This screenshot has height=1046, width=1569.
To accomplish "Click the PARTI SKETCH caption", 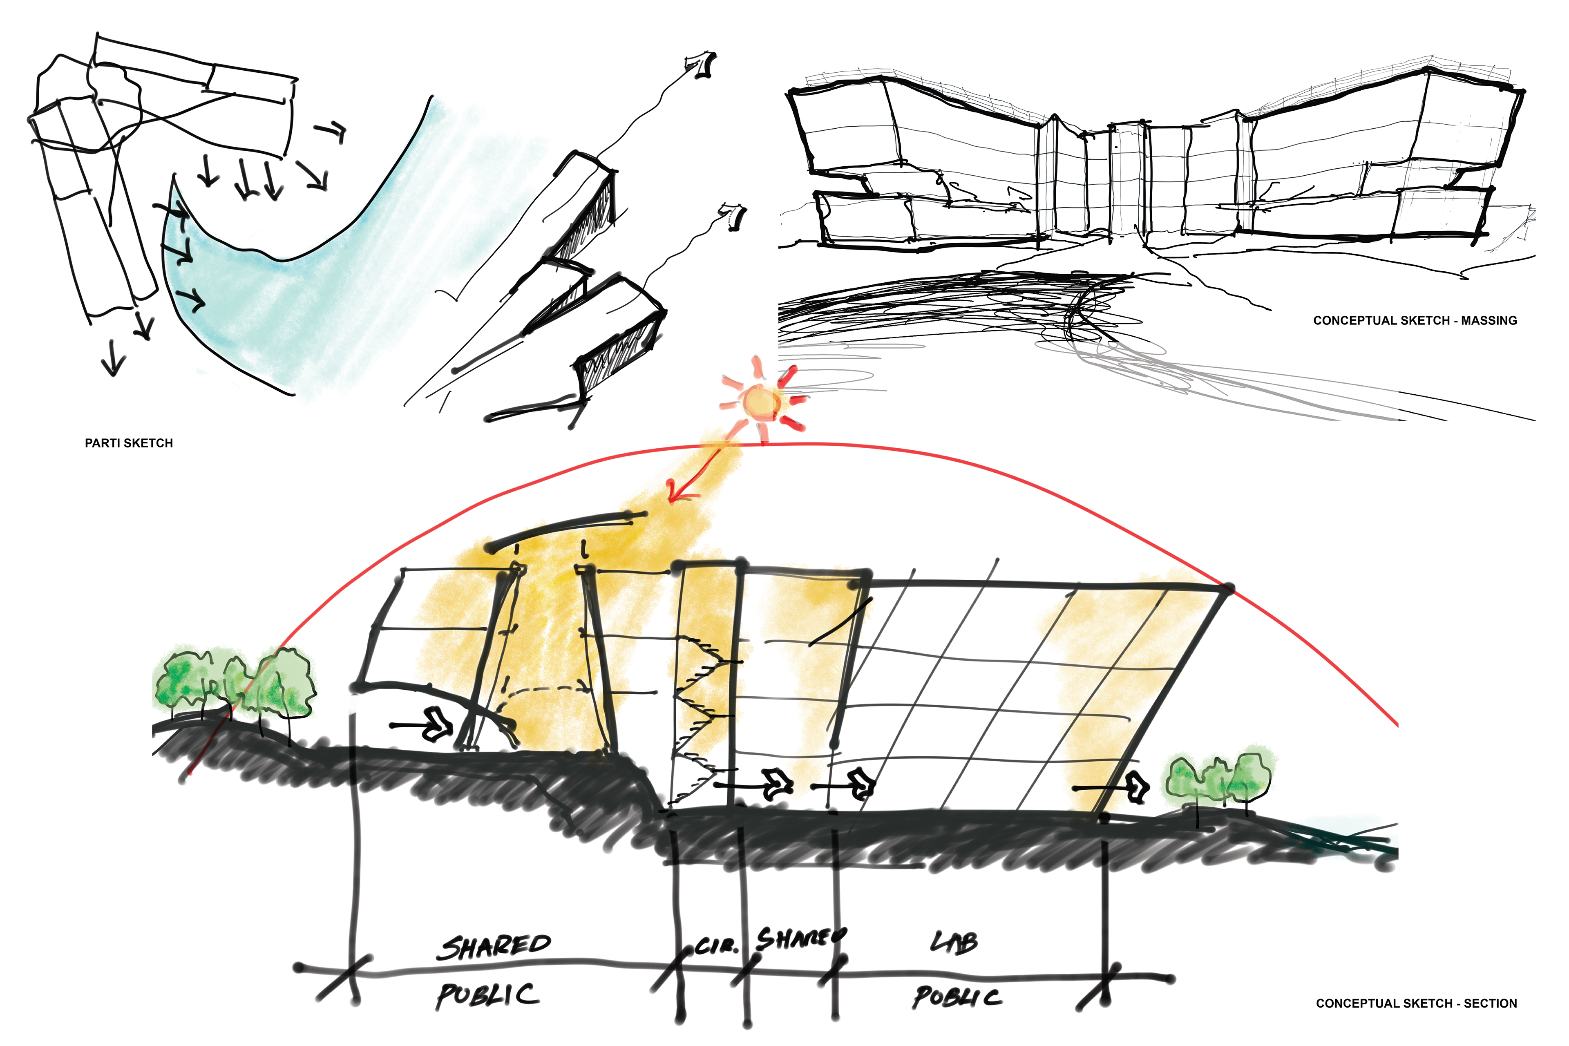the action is [129, 443].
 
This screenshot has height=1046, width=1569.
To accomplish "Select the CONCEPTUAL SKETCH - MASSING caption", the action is [1414, 320].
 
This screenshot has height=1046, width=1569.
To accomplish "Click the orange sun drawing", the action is [762, 402].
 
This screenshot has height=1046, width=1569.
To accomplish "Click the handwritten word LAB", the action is [954, 942].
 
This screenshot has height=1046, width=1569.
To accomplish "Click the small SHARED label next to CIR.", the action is [800, 938].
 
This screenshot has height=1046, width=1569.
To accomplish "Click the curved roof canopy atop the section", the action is [567, 530].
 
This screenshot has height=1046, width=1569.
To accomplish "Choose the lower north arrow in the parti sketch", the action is [734, 217].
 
